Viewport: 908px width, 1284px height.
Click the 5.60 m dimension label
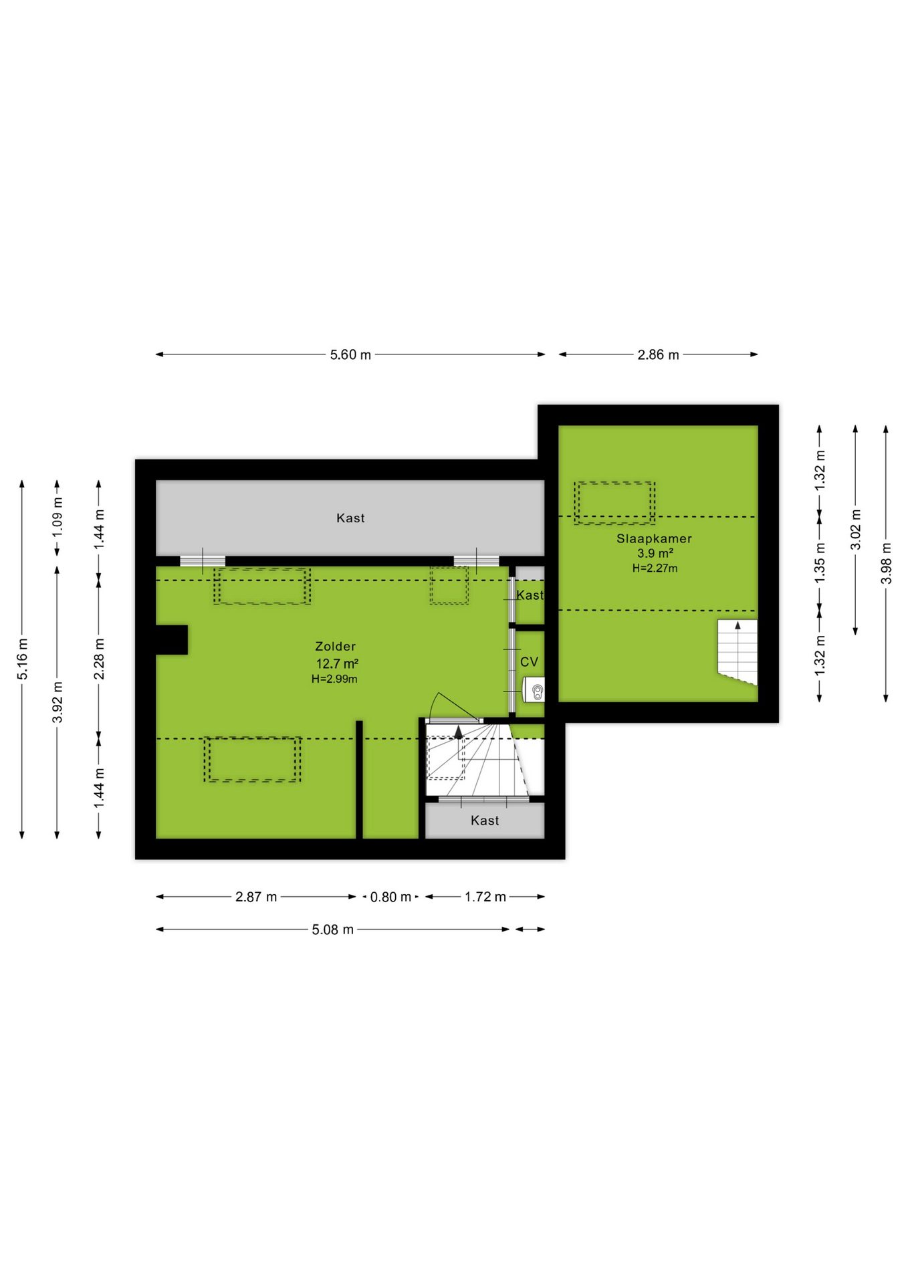[x=350, y=354]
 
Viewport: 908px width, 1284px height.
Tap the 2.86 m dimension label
[x=658, y=354]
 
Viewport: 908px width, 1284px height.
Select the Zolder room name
[x=336, y=647]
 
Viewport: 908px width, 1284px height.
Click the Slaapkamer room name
[x=654, y=539]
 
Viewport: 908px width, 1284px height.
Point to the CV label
[x=529, y=662]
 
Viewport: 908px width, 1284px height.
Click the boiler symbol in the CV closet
[x=534, y=690]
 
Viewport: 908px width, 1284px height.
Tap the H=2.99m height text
[x=334, y=679]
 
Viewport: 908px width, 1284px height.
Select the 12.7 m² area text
[x=337, y=663]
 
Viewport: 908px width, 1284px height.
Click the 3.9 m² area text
[x=655, y=554]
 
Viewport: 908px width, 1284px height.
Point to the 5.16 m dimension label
[x=23, y=659]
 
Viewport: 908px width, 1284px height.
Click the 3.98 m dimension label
[x=886, y=563]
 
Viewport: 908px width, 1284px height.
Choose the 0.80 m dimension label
[x=390, y=897]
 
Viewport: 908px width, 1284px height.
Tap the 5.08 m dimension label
[x=332, y=930]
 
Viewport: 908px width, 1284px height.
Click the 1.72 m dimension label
[x=485, y=897]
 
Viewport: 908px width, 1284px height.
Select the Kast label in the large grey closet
[x=350, y=518]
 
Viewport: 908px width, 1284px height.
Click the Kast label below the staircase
[x=485, y=821]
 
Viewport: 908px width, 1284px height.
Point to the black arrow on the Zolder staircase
[x=459, y=732]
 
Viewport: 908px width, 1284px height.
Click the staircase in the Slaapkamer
[x=737, y=651]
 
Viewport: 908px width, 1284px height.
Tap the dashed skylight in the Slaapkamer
[x=614, y=503]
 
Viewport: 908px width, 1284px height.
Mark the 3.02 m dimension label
[x=855, y=530]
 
